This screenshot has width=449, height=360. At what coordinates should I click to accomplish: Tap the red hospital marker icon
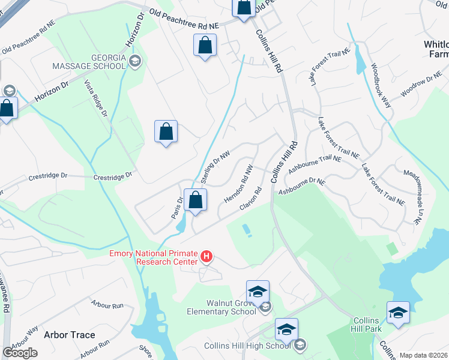[x=206, y=257]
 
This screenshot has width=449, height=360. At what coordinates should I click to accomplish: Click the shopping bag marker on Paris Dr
[x=196, y=200]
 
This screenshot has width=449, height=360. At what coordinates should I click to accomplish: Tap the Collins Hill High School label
[x=247, y=345]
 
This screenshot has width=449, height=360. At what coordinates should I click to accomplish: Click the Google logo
[x=20, y=353]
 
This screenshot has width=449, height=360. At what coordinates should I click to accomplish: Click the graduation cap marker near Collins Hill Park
[x=398, y=313]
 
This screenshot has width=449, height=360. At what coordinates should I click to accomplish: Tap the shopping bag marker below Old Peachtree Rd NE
[x=205, y=45]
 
